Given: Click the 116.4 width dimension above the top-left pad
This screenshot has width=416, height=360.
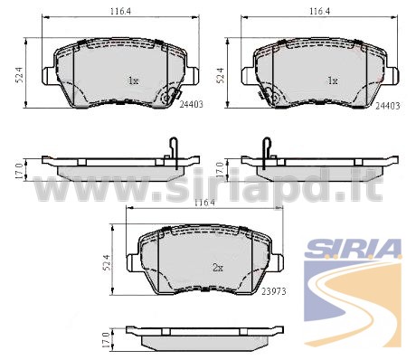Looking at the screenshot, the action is tap(120, 12).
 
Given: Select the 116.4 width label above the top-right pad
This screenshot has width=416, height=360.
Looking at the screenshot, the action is tap(320, 12).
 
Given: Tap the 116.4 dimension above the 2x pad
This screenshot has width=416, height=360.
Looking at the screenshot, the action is tap(204, 203).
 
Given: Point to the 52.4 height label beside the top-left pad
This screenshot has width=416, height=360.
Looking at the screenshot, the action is tap(20, 75).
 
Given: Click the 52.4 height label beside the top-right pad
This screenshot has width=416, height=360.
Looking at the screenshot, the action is tap(221, 75).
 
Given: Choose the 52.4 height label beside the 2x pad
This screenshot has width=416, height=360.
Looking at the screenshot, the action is tap(107, 262).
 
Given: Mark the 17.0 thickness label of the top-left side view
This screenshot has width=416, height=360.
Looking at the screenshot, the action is tap(19, 171).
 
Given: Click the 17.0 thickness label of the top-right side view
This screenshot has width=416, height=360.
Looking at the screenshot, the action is tap(220, 169).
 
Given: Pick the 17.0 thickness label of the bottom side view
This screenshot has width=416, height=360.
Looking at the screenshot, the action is tap(105, 340).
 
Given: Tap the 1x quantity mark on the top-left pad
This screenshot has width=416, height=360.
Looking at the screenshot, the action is tap(133, 81).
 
